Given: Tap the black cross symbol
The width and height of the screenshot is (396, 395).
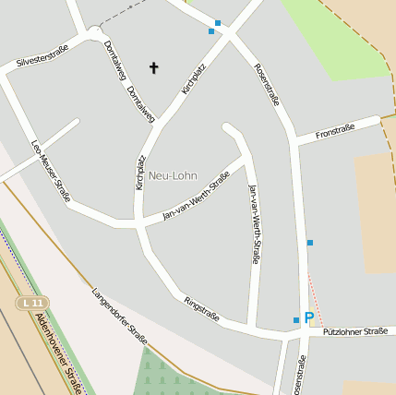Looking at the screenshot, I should pyautogui.click(x=153, y=67).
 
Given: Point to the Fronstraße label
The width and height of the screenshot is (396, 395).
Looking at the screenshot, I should pyautogui.click(x=335, y=133).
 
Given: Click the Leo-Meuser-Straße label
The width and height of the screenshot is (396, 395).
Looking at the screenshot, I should pyautogui.click(x=51, y=170).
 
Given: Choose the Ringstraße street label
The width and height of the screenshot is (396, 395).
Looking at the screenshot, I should pyautogui.click(x=201, y=308).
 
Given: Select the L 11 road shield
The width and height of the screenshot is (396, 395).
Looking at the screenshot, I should pyautogui.click(x=33, y=302).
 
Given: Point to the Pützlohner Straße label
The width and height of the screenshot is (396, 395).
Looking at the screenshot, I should pyautogui.click(x=354, y=331).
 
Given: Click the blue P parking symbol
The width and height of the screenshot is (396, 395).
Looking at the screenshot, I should pyautogui.click(x=308, y=318).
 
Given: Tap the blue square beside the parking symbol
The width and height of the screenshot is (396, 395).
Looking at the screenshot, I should pyautogui.click(x=295, y=320).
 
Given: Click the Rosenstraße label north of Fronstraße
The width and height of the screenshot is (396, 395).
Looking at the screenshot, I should pyautogui.click(x=266, y=84).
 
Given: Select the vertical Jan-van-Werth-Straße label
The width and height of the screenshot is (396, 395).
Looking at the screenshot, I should pyautogui.click(x=253, y=224).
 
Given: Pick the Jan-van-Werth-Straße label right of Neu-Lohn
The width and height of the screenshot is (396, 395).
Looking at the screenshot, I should pyautogui.click(x=195, y=199).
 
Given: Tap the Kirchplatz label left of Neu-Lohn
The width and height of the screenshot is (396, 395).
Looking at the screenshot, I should pyautogui.click(x=140, y=173).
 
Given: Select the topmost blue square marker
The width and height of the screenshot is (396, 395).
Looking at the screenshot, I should pyautogui.click(x=218, y=22).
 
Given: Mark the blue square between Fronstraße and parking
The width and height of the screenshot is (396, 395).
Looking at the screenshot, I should pyautogui.click(x=310, y=243).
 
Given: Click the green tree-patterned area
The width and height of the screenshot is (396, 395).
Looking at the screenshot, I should pyautogui.click(x=171, y=374).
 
